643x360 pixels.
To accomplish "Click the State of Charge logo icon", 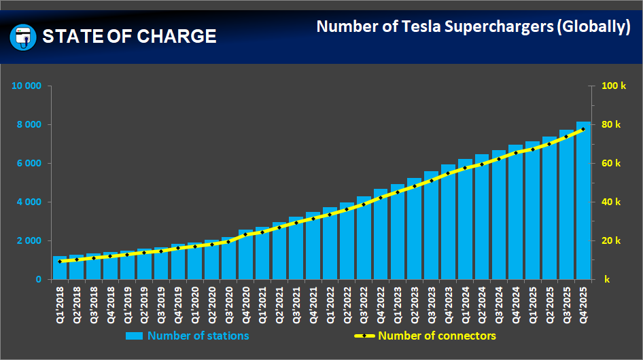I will point(23,37).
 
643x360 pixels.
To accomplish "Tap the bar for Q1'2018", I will point(60,268).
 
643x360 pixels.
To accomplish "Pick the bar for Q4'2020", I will point(245,255).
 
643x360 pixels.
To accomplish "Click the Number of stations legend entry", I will point(198,336).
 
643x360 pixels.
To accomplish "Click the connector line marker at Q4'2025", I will point(583,129).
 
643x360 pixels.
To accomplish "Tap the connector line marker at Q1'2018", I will point(60,262).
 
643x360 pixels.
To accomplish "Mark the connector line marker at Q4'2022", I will point(381,198).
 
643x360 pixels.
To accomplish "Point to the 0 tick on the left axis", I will point(38,280).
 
